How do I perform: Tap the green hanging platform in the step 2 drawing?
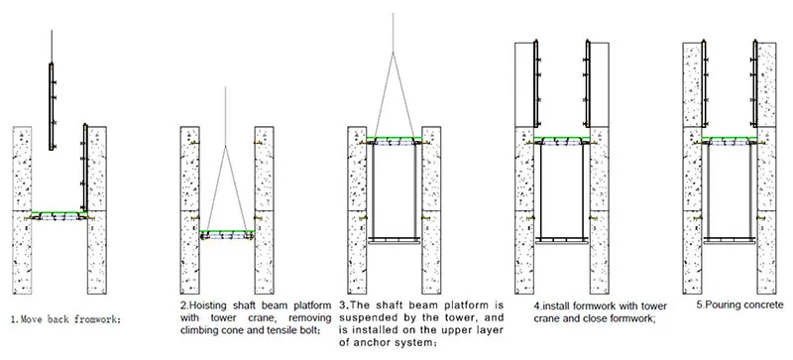pos(227,233)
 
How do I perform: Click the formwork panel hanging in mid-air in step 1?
pos(52,99)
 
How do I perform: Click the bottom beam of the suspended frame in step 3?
pos(394,240)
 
